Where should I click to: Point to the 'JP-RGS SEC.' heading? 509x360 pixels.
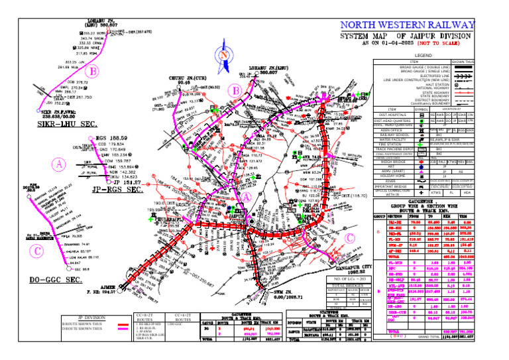click(116, 190)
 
